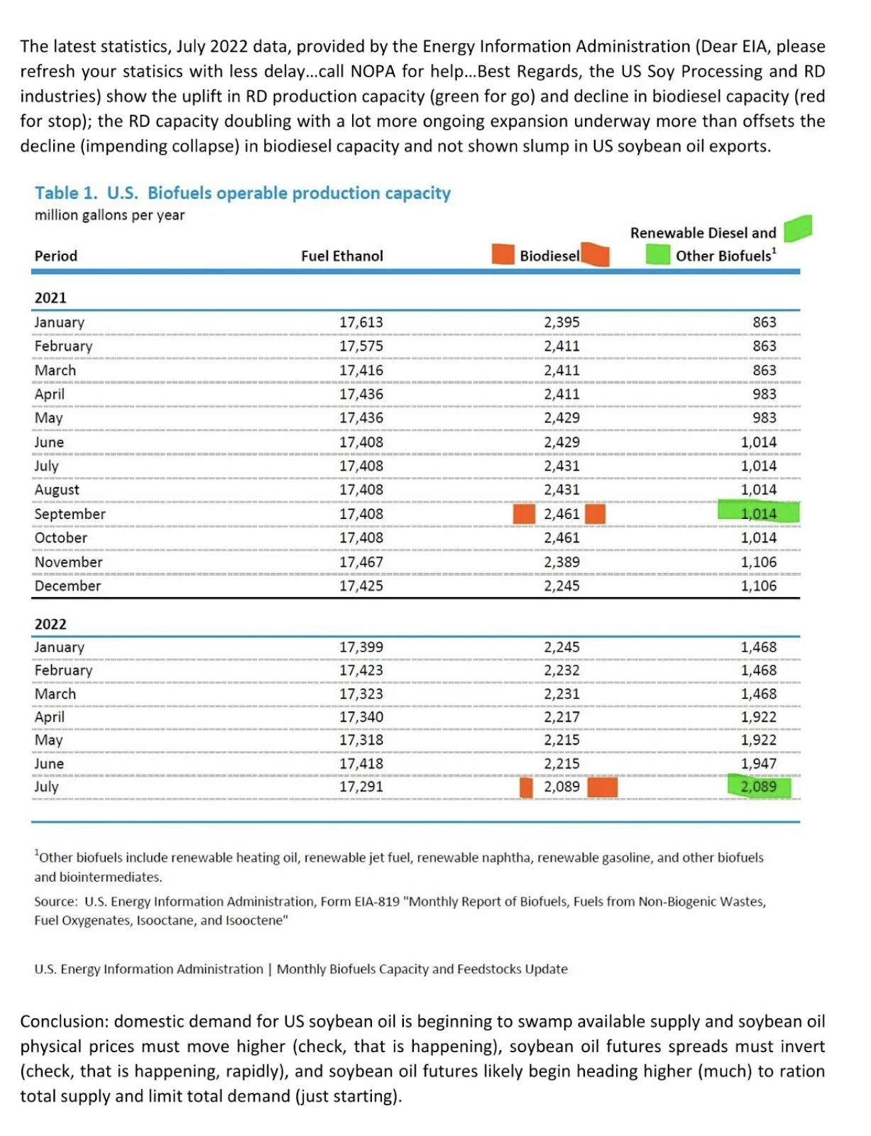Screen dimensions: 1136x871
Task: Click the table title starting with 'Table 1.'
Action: [243, 193]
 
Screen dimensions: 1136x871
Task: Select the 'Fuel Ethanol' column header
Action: [341, 256]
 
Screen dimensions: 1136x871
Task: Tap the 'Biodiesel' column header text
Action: [549, 256]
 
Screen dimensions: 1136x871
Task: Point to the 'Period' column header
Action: [56, 256]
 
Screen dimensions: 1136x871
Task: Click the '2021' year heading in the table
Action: [50, 298]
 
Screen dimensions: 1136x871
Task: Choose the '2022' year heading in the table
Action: [50, 624]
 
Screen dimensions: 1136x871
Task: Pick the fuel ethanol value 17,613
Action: [361, 322]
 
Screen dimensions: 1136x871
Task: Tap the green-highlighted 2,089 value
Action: [758, 787]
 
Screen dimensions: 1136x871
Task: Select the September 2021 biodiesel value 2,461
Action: [562, 513]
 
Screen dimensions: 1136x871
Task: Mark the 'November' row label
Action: [68, 562]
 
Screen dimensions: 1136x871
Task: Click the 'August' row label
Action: [57, 490]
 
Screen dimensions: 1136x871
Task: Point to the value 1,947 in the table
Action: [758, 763]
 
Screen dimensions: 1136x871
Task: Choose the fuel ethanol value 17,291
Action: [361, 787]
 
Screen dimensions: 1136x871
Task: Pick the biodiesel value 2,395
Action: [562, 322]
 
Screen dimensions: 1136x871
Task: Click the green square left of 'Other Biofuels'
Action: [658, 254]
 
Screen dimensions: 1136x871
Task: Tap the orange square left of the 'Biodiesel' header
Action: [503, 254]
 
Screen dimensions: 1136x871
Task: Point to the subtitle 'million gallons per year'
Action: [109, 215]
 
